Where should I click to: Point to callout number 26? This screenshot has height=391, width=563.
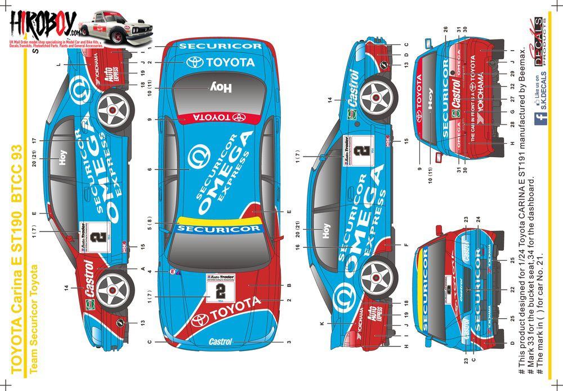tap(445, 29)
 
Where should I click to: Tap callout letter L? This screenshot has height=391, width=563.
tap(59, 65)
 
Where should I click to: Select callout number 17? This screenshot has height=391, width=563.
tap(34, 140)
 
